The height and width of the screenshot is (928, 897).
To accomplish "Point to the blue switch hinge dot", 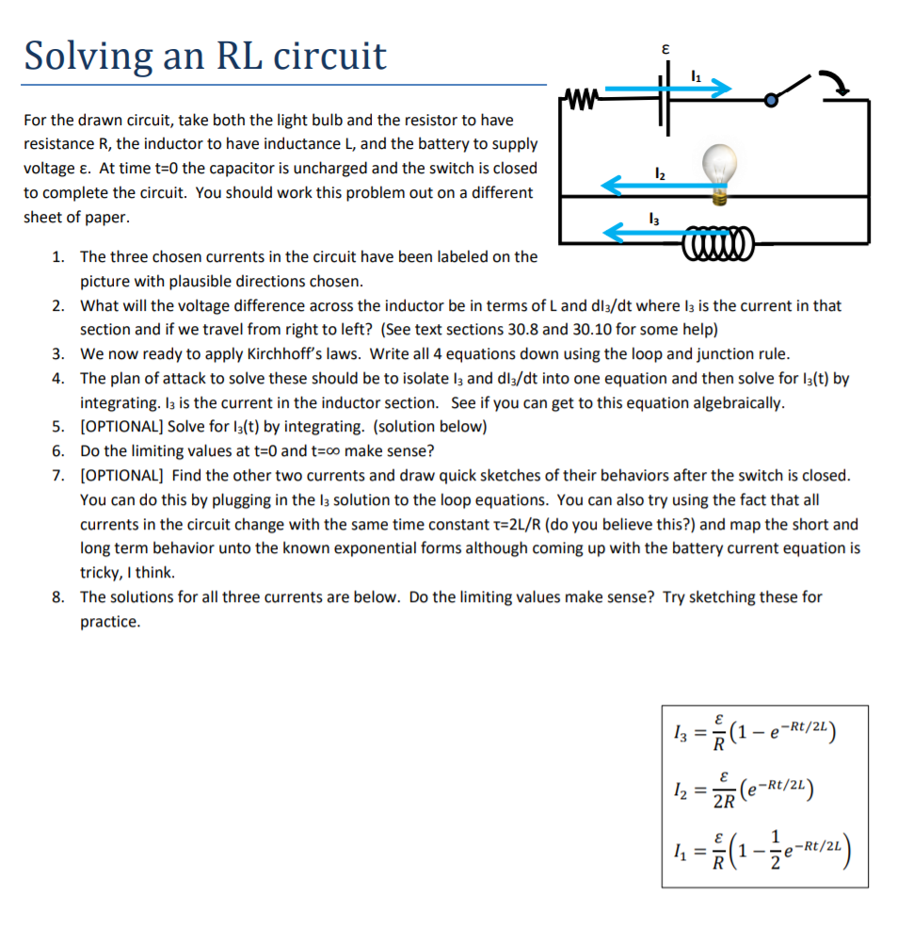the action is tap(771, 98).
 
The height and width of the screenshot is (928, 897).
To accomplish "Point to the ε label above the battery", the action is tap(665, 46).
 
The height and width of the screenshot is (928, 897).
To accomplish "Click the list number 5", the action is tap(58, 427).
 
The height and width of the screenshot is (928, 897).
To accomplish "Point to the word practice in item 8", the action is tap(109, 622).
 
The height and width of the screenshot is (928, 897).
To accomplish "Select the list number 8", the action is tap(58, 597).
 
